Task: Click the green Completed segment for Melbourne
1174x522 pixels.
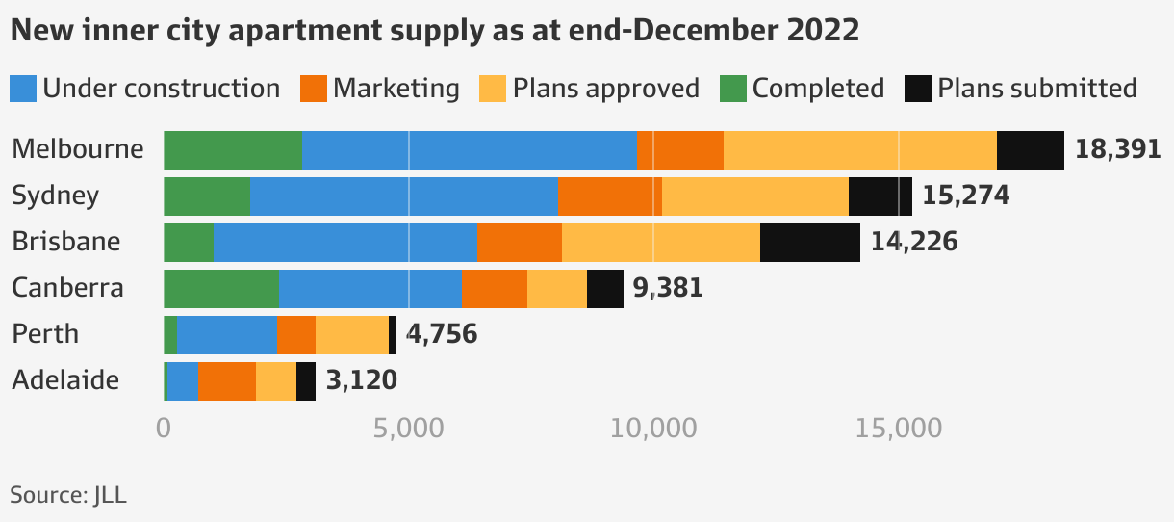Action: click(232, 150)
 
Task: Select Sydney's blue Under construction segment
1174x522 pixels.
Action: click(403, 196)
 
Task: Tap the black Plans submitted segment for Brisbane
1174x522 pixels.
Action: click(809, 242)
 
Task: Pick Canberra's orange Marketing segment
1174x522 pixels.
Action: click(494, 289)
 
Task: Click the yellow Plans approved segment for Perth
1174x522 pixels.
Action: click(351, 334)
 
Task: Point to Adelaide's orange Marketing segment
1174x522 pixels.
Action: click(226, 381)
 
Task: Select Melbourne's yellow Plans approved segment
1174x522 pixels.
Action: click(859, 150)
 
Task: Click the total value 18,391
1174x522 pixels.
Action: click(1117, 150)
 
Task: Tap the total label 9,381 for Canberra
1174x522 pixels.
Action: click(668, 288)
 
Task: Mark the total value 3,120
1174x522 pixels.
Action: click(361, 380)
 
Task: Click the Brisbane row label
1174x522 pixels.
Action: click(66, 241)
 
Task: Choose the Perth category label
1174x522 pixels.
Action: click(45, 334)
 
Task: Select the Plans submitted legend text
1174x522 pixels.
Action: click(1036, 89)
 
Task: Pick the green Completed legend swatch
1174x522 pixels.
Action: click(732, 89)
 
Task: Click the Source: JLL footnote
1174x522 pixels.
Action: click(68, 495)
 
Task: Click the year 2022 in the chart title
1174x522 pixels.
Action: click(822, 31)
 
